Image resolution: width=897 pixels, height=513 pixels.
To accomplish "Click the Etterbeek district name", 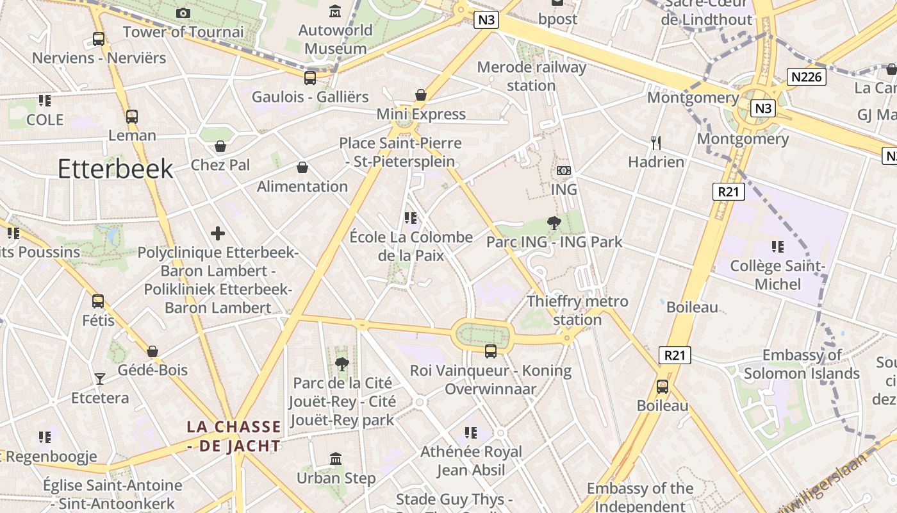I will pyautogui.click(x=115, y=169).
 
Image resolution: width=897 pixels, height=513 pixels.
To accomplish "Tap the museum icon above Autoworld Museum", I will pyautogui.click(x=335, y=11).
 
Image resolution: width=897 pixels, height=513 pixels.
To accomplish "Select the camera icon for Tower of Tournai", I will pyautogui.click(x=183, y=13).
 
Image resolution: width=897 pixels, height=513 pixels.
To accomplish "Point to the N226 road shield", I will pyautogui.click(x=807, y=78).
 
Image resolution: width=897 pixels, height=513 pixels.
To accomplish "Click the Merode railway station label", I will pyautogui.click(x=531, y=76).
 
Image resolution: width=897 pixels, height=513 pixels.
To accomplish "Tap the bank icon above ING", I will pyautogui.click(x=564, y=171).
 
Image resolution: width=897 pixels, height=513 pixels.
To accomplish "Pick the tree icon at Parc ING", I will pyautogui.click(x=554, y=223).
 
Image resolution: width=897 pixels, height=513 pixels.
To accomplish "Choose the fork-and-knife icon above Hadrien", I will pyautogui.click(x=655, y=142).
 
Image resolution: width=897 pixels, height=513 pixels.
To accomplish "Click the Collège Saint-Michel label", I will pyautogui.click(x=778, y=274).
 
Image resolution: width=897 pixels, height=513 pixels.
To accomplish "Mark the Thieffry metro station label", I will pyautogui.click(x=577, y=310).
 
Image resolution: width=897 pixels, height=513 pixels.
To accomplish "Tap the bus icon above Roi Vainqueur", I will pyautogui.click(x=491, y=351).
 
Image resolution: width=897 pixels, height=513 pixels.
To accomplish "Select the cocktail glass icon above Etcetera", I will pyautogui.click(x=100, y=378).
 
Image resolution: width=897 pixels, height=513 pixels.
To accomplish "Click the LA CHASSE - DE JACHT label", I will pyautogui.click(x=234, y=436).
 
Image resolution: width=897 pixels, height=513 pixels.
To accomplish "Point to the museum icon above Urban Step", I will pyautogui.click(x=336, y=458).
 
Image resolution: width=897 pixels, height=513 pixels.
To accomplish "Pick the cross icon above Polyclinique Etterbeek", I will pyautogui.click(x=218, y=233).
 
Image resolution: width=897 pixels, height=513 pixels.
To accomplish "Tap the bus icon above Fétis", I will pyautogui.click(x=98, y=301).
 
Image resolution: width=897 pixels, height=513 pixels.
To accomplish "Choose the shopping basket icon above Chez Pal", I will pyautogui.click(x=220, y=146).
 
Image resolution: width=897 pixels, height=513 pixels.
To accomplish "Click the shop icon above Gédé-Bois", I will pyautogui.click(x=152, y=351).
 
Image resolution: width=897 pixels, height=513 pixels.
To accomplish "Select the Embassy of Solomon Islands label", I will pyautogui.click(x=802, y=364).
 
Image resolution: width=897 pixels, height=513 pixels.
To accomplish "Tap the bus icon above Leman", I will pyautogui.click(x=132, y=117).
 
